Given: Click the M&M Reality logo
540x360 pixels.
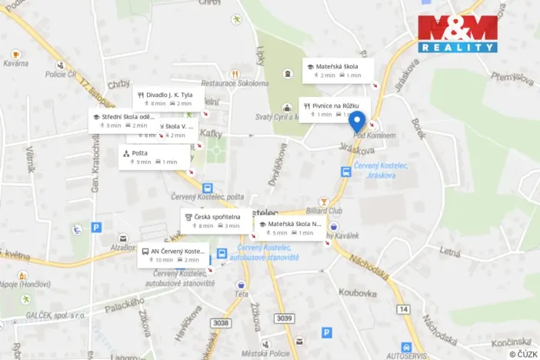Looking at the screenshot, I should pyautogui.click(x=458, y=34).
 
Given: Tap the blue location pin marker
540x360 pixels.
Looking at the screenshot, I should pyautogui.click(x=357, y=122).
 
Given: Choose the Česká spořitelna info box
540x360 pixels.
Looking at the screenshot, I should pyautogui.click(x=216, y=221).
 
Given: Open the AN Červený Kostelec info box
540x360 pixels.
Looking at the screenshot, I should pyautogui.click(x=173, y=255).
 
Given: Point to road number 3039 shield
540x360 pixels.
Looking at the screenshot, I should pyautogui.click(x=284, y=318).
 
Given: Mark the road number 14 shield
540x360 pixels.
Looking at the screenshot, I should pyautogui.click(x=404, y=308).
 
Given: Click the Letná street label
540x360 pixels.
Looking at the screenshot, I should pyautogui.click(x=450, y=251).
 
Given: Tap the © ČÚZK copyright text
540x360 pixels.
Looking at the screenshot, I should pyautogui.click(x=523, y=354).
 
